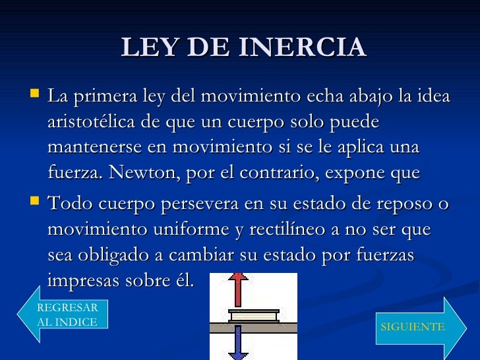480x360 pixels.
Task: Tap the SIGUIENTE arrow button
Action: tap(412, 327)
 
